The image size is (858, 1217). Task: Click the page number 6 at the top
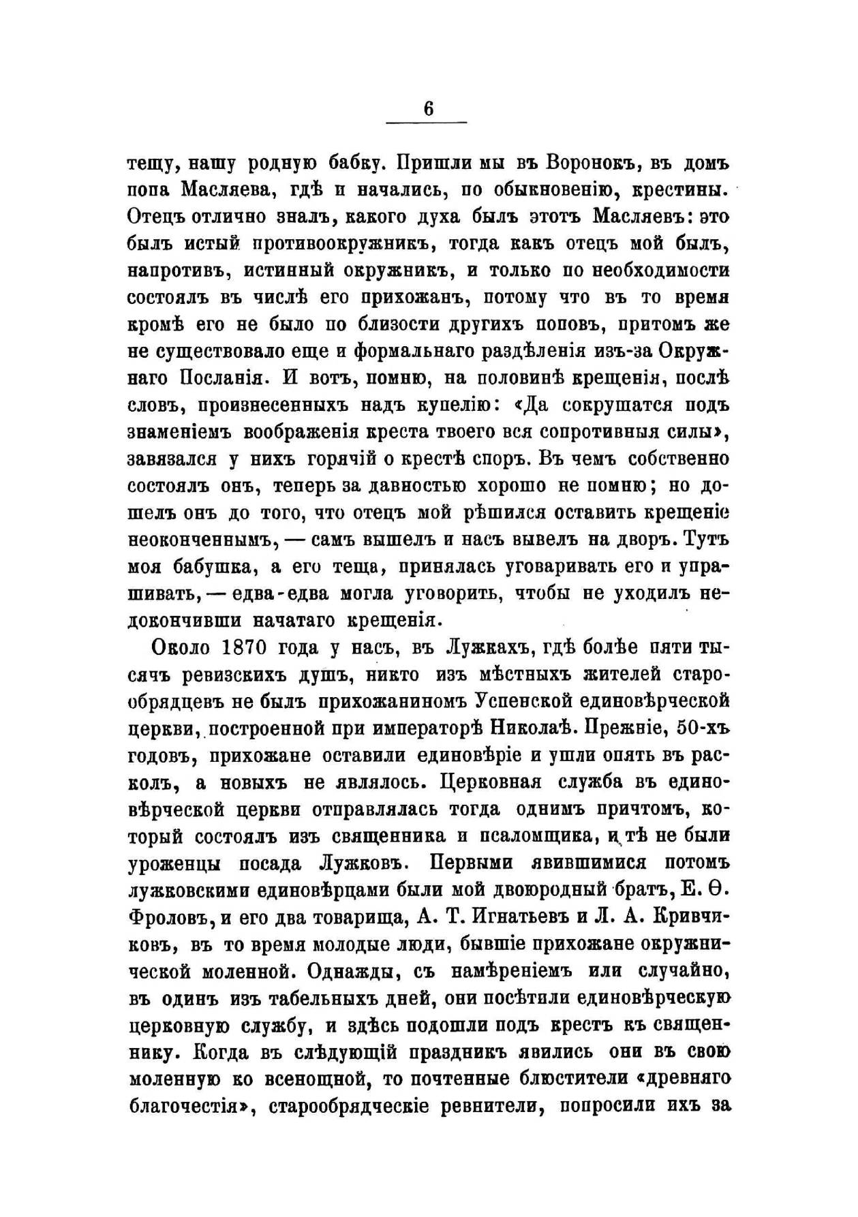click(x=427, y=108)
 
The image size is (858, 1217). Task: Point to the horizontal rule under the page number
click(x=427, y=123)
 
